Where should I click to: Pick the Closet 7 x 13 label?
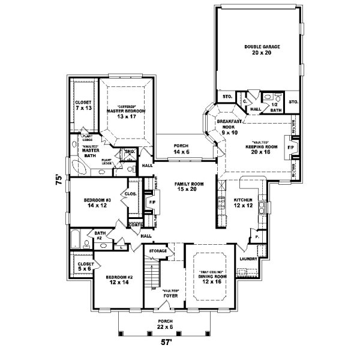83,106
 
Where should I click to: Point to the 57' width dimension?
165,344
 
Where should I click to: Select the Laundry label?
249,259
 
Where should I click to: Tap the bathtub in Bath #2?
75,240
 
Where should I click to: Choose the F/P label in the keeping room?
291,147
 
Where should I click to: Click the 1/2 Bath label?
275,107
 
